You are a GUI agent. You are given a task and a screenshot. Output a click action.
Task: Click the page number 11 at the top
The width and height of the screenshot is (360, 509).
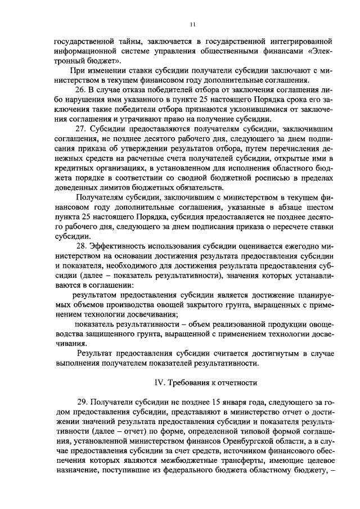pyautogui.click(x=192, y=24)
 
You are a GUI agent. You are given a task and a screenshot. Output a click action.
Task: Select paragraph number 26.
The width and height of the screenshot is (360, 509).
pyautogui.click(x=80, y=89)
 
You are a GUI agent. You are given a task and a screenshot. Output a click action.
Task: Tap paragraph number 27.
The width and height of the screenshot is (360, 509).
pyautogui.click(x=80, y=129)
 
